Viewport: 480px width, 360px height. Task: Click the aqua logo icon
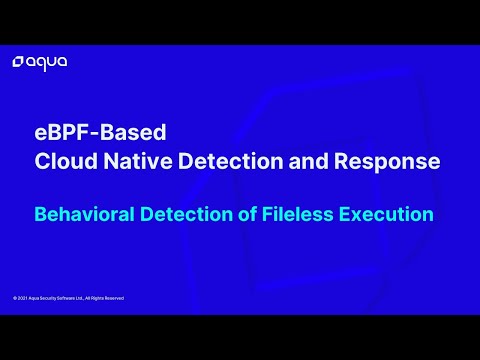click(18, 63)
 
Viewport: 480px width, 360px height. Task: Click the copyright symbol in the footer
click(14, 298)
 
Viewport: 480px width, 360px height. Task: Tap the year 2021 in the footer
click(21, 298)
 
